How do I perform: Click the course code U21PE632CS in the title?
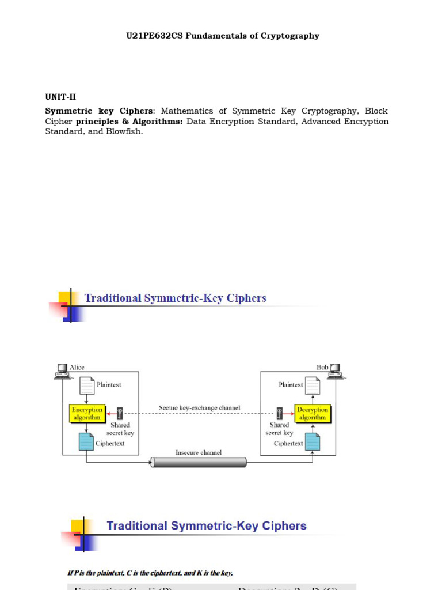coord(155,36)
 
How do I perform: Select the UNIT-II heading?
coord(60,97)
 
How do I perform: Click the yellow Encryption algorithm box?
coord(86,414)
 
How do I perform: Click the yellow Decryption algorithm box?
coord(312,414)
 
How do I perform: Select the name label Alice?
coord(77,367)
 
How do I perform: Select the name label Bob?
coord(322,367)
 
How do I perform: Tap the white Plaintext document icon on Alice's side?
coord(86,385)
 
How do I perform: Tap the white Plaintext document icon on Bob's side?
coord(313,385)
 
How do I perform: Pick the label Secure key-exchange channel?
coord(199,408)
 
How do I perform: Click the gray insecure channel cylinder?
coord(199,462)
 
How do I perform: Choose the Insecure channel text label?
coord(199,452)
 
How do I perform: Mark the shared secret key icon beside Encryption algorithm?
coord(120,413)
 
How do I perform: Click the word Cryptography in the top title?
coord(288,36)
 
